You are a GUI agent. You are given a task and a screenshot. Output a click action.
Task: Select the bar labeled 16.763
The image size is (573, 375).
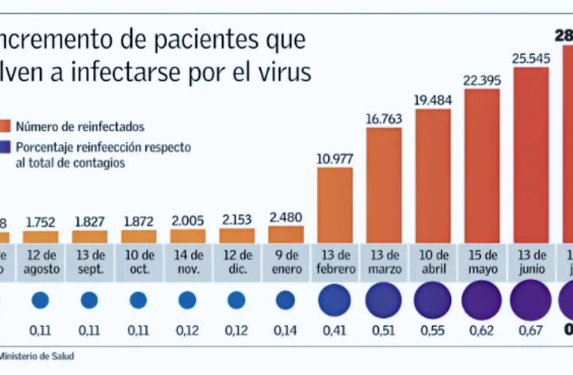tap(383, 184)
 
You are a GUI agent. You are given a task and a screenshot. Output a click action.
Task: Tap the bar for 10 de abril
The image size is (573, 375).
tap(432, 175)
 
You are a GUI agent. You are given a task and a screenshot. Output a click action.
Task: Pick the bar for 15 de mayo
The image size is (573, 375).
tap(482, 165)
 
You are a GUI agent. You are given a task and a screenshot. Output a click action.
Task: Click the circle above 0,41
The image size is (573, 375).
tap(335, 301)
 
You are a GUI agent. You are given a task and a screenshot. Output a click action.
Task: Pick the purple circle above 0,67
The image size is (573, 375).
tap(531, 300)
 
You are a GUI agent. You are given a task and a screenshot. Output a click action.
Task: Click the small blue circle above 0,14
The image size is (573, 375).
tap(285, 301)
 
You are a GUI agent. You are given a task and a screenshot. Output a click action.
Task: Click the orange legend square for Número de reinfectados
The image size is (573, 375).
tap(6, 127)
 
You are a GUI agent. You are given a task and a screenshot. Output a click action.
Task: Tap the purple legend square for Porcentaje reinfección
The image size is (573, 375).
tap(6, 147)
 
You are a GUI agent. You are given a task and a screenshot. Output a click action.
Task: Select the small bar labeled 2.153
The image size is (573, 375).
tap(237, 235)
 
